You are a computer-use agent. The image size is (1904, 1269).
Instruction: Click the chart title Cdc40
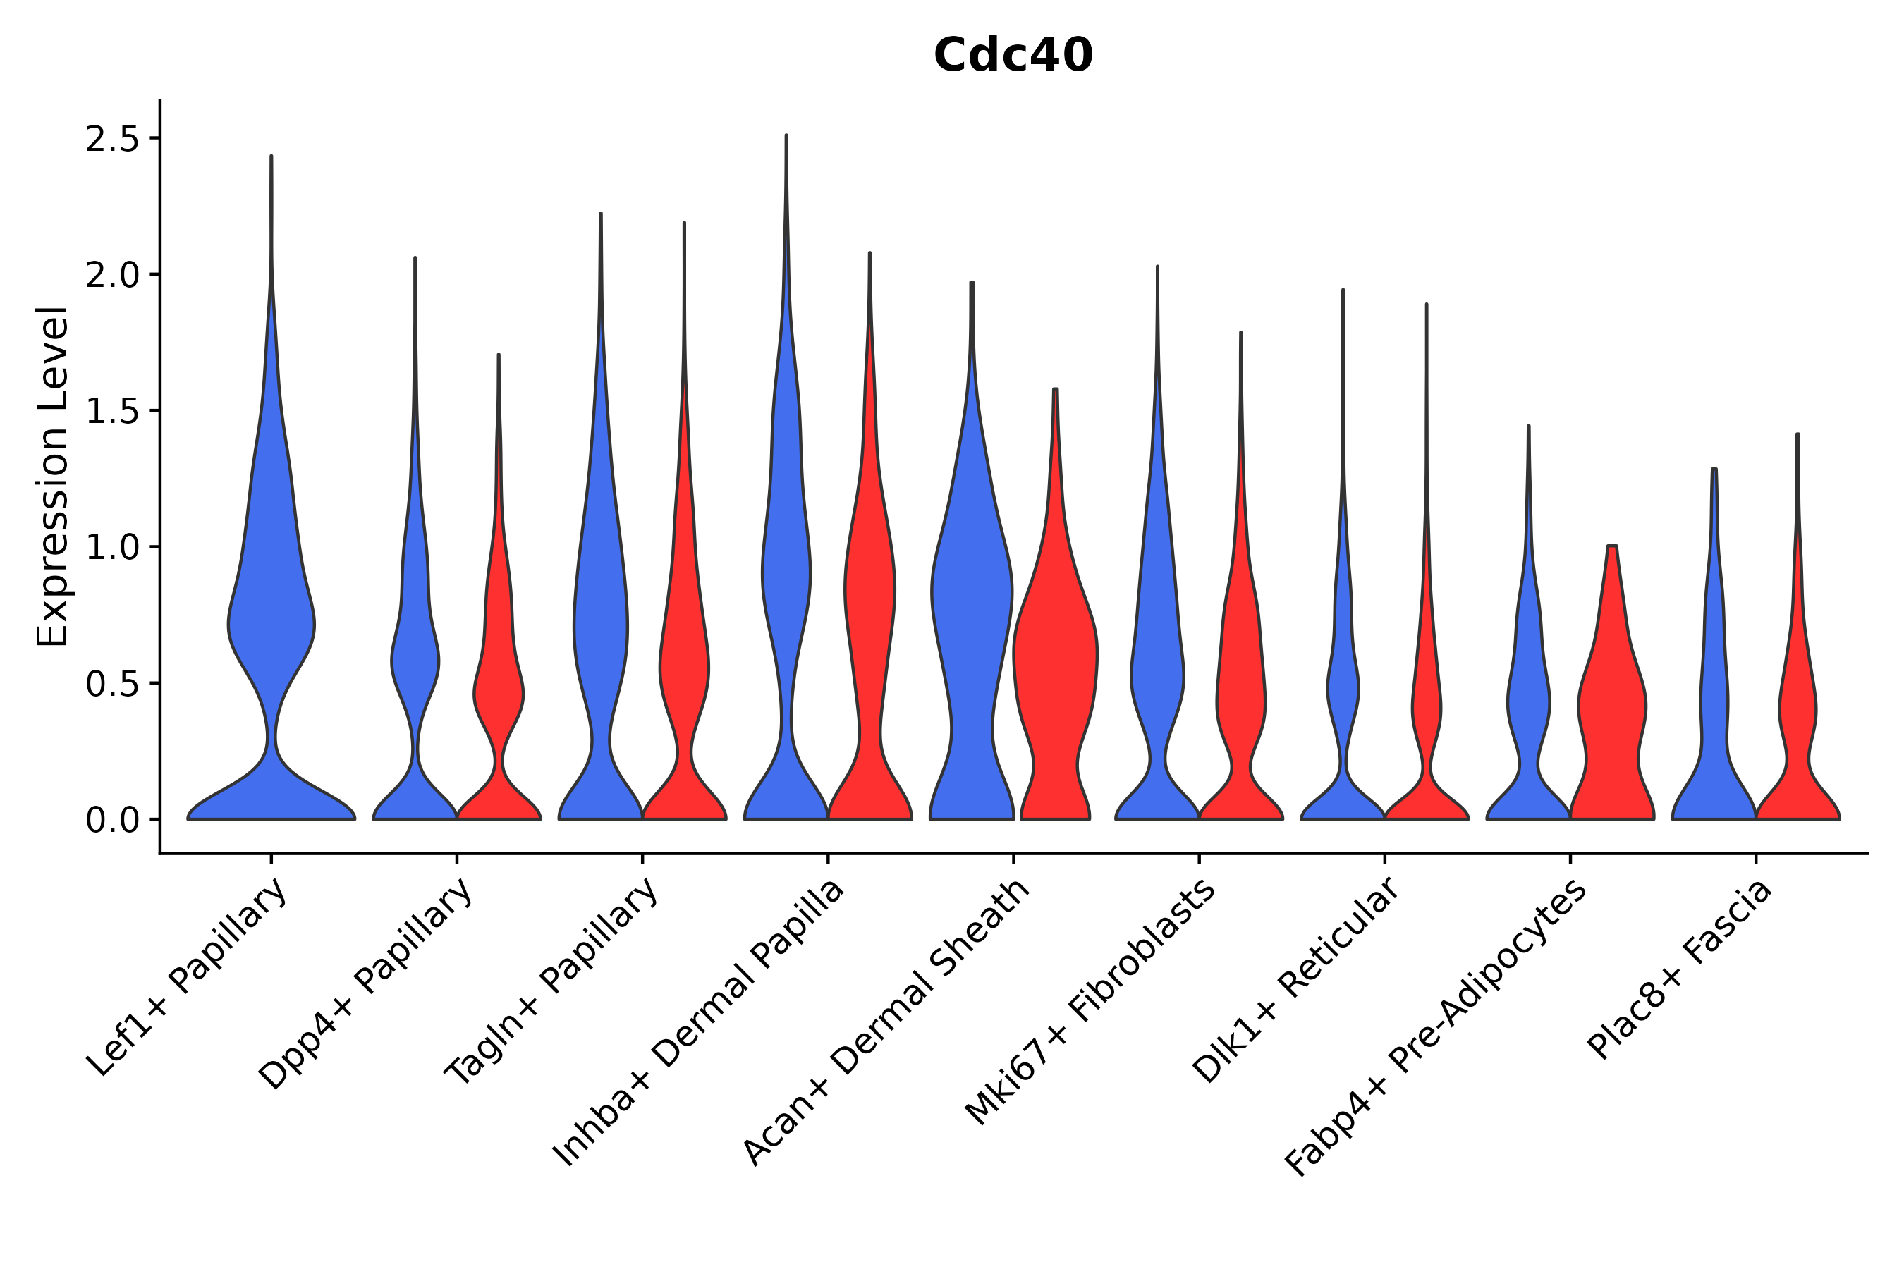click(x=1013, y=56)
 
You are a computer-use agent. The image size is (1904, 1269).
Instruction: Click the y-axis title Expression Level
click(x=54, y=476)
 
